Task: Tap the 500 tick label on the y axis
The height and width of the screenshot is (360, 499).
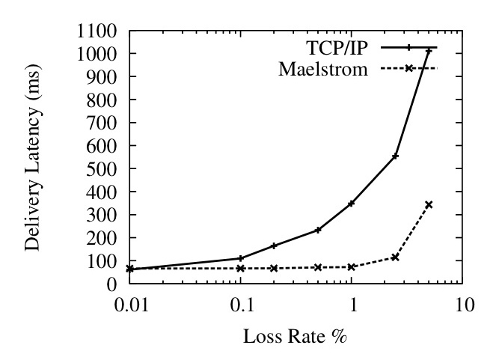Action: (101, 169)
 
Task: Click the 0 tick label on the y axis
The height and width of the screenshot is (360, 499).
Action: (111, 284)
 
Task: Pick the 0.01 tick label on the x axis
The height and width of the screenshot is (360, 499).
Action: (129, 307)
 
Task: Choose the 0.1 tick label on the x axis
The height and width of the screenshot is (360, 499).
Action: (241, 307)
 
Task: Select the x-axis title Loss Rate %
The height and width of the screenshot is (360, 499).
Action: (296, 336)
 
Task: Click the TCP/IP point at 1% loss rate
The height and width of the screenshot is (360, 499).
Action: (351, 203)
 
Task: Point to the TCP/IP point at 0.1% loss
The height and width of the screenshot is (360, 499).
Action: (240, 258)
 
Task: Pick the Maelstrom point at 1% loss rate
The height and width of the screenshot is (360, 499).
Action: (351, 267)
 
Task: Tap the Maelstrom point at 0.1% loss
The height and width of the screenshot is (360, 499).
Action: (240, 268)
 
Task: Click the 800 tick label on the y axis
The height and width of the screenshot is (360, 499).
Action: (101, 100)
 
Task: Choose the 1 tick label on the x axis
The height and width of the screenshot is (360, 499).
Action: (352, 307)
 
